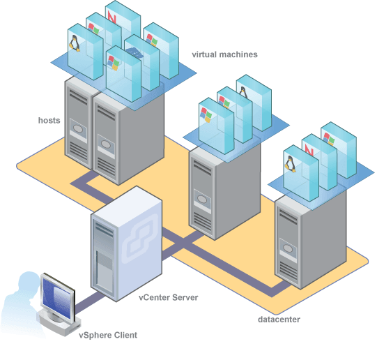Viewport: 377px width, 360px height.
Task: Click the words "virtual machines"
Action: [x=224, y=54]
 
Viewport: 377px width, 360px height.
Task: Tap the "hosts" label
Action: [x=49, y=120]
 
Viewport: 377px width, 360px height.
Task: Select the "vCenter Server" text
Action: [x=169, y=297]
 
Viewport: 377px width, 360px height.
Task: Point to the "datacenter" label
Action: [x=279, y=320]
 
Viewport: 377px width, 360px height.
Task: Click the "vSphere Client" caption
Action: [x=108, y=335]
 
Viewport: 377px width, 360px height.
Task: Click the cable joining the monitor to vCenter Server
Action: [x=90, y=301]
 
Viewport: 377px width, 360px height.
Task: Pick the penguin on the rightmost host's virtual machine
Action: [x=290, y=164]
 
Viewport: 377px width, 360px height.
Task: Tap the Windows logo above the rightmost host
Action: [x=329, y=139]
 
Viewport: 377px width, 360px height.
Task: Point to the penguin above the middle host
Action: [x=243, y=93]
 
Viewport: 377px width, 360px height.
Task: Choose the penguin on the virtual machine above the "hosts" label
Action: [x=75, y=43]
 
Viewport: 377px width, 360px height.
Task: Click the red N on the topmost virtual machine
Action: [x=111, y=17]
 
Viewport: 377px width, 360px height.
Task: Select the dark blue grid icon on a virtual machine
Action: [x=134, y=52]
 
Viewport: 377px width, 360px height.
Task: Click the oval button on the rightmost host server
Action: [x=288, y=248]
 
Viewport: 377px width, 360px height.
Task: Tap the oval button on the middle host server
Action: [x=201, y=199]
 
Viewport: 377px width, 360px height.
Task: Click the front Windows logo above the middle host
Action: [x=206, y=115]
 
